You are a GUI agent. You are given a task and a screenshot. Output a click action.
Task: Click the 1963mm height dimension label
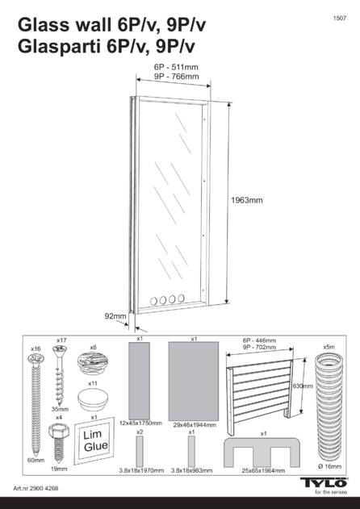[x=247, y=200]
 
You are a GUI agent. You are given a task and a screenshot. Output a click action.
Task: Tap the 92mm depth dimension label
[x=115, y=316]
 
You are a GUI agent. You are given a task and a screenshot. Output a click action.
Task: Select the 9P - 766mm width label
[x=176, y=77]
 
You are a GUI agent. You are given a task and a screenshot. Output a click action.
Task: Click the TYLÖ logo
[x=324, y=482]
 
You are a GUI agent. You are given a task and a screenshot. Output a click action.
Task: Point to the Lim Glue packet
[x=94, y=440]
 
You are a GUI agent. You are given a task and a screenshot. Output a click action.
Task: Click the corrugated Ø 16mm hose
[x=329, y=407]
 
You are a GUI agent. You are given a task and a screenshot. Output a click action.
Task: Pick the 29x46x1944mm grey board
[x=194, y=381]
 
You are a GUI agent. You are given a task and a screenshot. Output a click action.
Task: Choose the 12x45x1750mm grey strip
[x=140, y=381]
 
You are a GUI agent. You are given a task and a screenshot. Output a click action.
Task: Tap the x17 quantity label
[x=61, y=340]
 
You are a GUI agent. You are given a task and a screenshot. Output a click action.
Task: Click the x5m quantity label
[x=329, y=347]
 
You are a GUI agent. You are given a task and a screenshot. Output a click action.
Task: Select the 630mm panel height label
[x=303, y=386]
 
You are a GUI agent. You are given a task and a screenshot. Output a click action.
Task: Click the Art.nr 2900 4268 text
[x=36, y=488]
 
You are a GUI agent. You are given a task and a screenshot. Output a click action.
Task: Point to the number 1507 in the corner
[x=340, y=19]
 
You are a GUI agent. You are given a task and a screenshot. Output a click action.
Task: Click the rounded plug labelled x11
[x=93, y=398]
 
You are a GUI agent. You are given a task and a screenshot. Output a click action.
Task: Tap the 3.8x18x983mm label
[x=191, y=470]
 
